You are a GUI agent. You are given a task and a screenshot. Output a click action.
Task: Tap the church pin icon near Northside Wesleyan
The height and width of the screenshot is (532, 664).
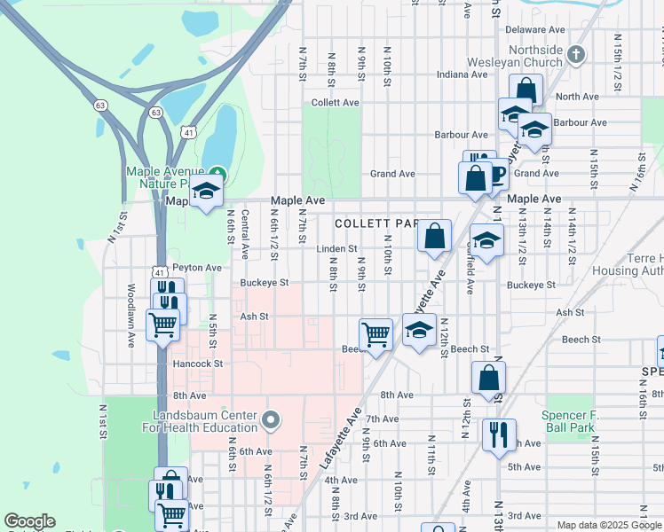click(575, 55)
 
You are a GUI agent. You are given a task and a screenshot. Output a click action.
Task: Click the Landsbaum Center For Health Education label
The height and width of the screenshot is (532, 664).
click(205, 422)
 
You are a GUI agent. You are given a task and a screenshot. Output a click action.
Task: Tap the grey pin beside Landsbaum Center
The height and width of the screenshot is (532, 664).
click(271, 419)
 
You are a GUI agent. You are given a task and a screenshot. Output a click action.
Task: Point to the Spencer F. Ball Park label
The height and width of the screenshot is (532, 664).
click(577, 421)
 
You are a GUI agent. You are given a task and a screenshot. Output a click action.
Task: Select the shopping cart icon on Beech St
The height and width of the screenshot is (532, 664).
click(375, 334)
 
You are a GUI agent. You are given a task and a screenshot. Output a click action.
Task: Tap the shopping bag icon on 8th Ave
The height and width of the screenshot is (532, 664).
click(488, 377)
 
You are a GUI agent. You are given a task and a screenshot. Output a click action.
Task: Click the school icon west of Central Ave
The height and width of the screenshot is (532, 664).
click(206, 192)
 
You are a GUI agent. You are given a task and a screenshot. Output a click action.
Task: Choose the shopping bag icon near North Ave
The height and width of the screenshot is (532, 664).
click(526, 90)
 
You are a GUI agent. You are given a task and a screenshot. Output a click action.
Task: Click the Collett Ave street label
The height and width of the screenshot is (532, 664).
click(336, 103)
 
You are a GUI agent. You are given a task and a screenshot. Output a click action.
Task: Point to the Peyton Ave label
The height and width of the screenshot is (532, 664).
click(197, 267)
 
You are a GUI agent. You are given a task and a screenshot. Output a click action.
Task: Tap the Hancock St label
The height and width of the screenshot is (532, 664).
click(198, 364)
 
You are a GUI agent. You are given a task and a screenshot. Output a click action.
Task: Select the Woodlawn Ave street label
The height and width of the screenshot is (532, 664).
click(130, 315)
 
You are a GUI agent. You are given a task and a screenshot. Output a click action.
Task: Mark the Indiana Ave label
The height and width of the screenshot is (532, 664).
click(462, 74)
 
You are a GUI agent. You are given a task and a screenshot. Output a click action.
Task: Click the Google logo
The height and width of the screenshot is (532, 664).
click(29, 521)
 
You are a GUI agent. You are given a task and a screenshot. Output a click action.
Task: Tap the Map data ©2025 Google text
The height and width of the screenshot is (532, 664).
click(608, 525)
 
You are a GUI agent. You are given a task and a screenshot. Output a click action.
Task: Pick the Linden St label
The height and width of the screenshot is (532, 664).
click(336, 249)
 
